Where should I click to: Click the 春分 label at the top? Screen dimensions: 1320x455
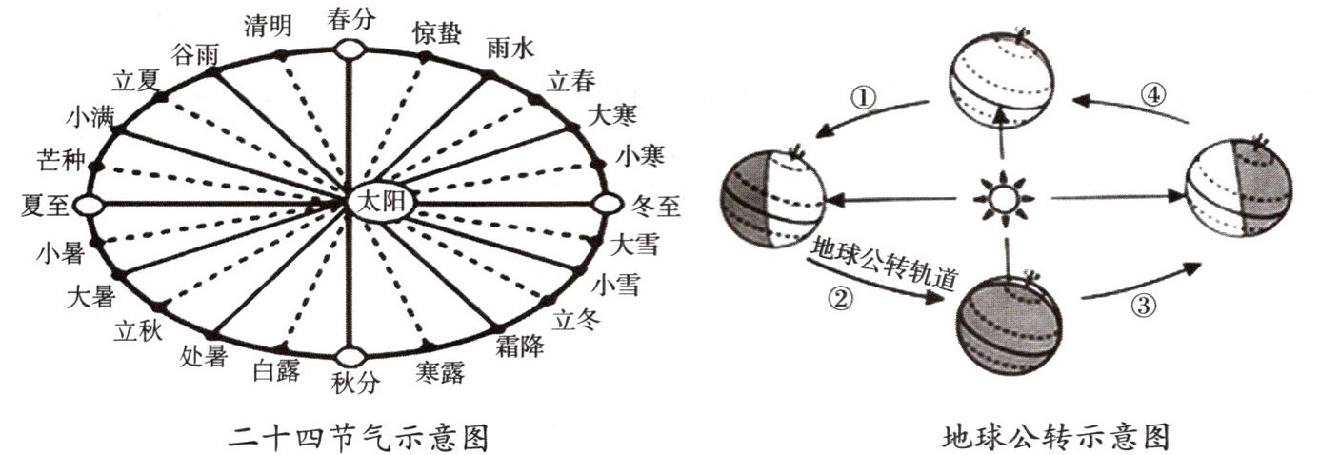pos(351,18)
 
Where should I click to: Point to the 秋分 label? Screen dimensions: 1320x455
pos(354,383)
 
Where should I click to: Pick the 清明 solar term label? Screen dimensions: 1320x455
pos(268,26)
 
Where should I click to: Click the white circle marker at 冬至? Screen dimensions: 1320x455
pos(607,204)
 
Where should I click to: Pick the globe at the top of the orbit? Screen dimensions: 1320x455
pos(1004,80)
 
